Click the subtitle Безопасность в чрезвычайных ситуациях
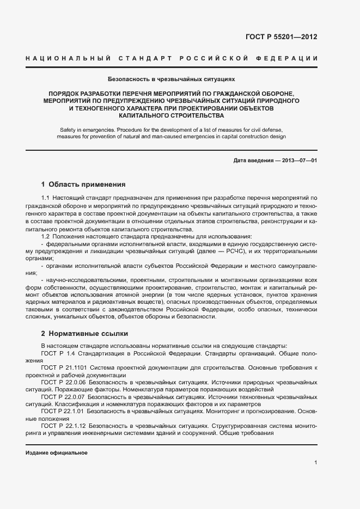[171, 79]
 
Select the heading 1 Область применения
[83, 185]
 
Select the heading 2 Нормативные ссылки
[84, 333]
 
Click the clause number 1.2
[46, 236]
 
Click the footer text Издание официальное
[57, 453]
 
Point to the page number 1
[315, 462]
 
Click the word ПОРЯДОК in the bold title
[64, 94]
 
